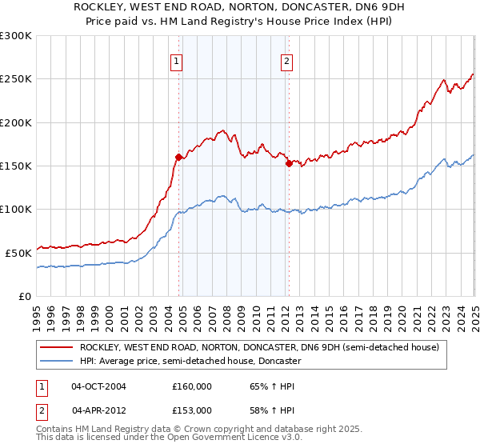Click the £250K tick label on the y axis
pos(16,79)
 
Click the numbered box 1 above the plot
pos(175,62)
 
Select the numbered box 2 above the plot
pos(286,62)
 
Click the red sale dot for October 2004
pos(178,157)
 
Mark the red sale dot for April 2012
pos(288,163)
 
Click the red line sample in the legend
pos(56,348)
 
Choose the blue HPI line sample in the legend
pos(56,361)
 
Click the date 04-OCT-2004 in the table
pos(98,386)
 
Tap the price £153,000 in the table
pos(191,410)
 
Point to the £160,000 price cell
pos(191,386)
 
